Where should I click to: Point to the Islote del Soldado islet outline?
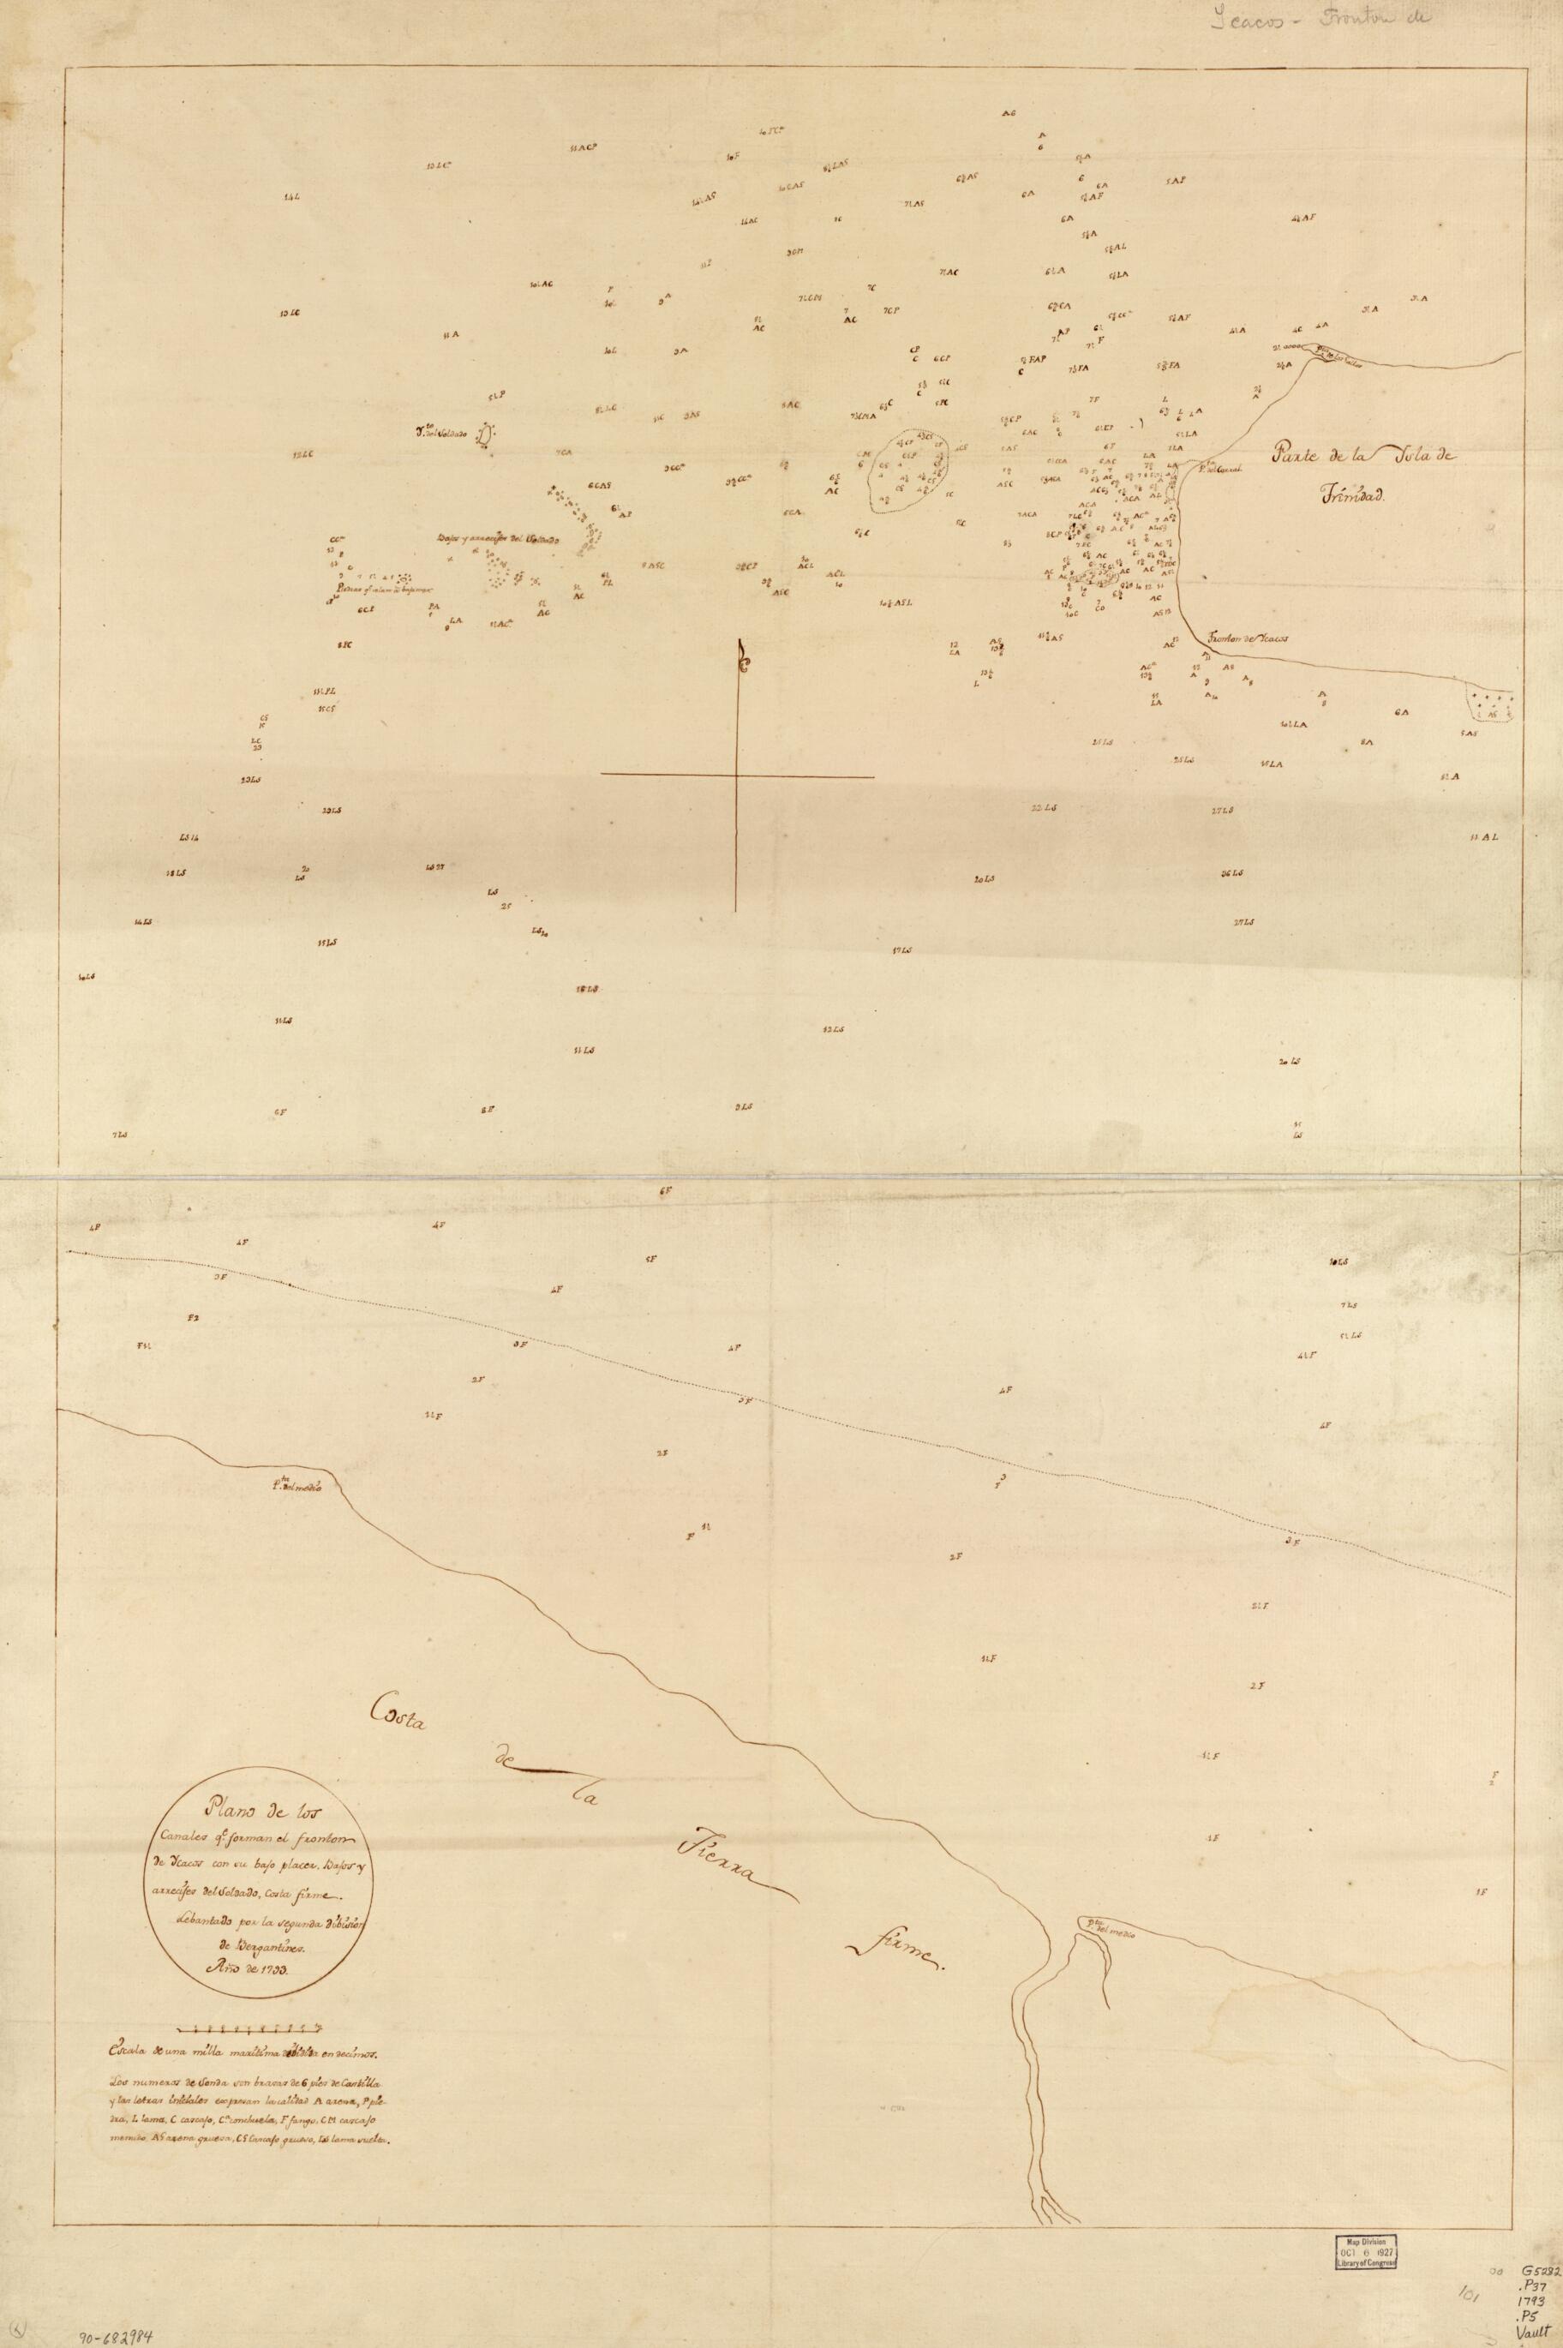click(x=486, y=434)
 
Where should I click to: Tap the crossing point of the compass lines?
click(x=738, y=776)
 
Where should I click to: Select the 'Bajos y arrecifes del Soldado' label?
click(x=499, y=540)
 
